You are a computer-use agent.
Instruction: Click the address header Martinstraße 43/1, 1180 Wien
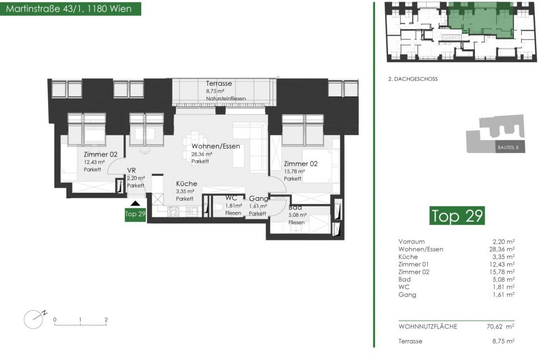[x=69, y=9]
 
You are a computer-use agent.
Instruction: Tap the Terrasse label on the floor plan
[x=219, y=83]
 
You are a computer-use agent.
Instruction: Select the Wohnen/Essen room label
[x=216, y=146]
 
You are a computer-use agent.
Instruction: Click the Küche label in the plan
[x=187, y=184]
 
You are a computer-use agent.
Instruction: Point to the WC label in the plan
[x=231, y=198]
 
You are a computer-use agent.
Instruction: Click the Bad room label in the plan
[x=295, y=207]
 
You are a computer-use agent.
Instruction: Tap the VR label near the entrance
[x=131, y=171]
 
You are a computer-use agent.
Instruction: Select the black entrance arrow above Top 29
[x=135, y=204]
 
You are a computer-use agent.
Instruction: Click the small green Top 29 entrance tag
[x=135, y=214]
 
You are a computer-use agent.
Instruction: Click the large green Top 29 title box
[x=457, y=216]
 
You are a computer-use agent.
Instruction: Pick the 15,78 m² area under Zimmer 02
[x=294, y=171]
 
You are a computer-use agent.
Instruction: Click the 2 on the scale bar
[x=106, y=320]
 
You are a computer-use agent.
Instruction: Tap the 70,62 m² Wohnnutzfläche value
[x=500, y=327]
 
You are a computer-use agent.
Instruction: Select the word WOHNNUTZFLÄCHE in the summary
[x=428, y=327]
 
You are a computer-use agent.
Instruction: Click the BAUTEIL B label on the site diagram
[x=508, y=148]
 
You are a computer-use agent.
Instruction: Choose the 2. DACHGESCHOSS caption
[x=413, y=79]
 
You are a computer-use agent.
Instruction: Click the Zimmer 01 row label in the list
[x=414, y=265]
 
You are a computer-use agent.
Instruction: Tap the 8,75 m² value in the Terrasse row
[x=504, y=341]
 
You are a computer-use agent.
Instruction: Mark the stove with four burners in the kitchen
[x=173, y=211]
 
